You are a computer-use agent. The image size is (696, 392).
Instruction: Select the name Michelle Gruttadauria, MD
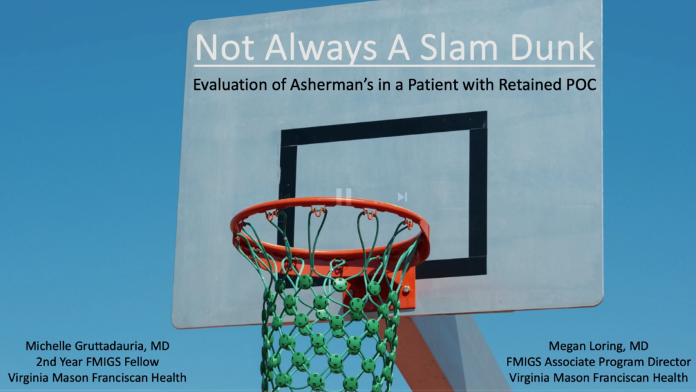(97, 346)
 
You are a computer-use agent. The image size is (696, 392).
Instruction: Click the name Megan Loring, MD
(598, 346)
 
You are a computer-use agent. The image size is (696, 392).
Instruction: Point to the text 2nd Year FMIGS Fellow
(97, 362)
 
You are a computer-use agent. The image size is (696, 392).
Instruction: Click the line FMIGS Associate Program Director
(598, 362)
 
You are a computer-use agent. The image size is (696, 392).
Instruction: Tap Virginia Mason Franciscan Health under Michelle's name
(97, 378)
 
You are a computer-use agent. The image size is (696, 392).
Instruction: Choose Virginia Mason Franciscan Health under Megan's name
(598, 378)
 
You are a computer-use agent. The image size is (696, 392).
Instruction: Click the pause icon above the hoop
(343, 196)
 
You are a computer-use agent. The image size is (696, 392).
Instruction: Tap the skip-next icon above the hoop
(402, 197)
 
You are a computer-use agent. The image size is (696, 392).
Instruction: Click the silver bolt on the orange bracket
(406, 290)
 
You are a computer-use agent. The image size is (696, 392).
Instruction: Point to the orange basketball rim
(331, 254)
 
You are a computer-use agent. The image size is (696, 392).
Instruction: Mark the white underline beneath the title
(394, 67)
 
